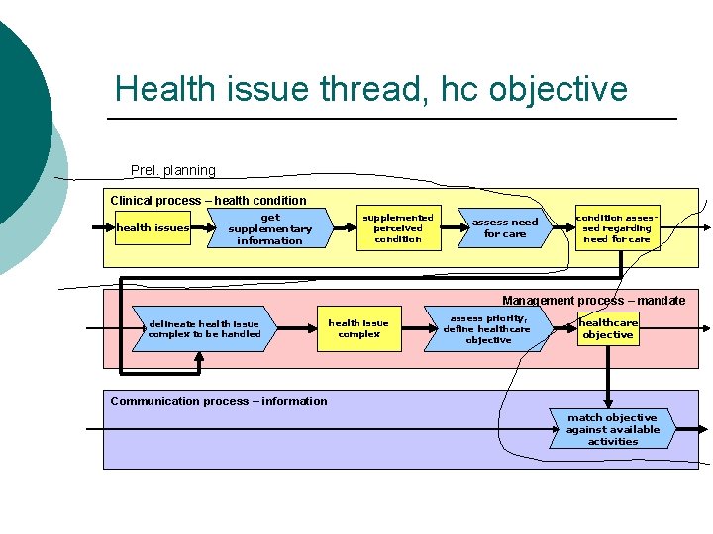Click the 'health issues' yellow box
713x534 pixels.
pos(153,228)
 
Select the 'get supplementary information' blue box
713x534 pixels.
pos(269,228)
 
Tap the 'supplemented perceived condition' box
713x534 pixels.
pos(398,227)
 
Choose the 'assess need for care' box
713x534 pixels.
pos(505,228)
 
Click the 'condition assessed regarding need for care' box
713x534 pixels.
pos(617,227)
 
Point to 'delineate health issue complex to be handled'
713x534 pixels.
pos(204,329)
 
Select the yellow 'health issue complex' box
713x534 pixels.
pos(358,329)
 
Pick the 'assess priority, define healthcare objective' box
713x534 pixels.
pos(488,330)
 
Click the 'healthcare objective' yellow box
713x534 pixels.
pos(608,329)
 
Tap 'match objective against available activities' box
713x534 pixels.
pos(613,430)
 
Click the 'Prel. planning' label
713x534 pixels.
pos(173,170)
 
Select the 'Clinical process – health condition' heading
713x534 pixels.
pos(208,201)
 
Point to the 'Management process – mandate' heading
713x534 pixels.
pos(593,301)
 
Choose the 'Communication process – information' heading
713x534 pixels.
pos(219,401)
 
